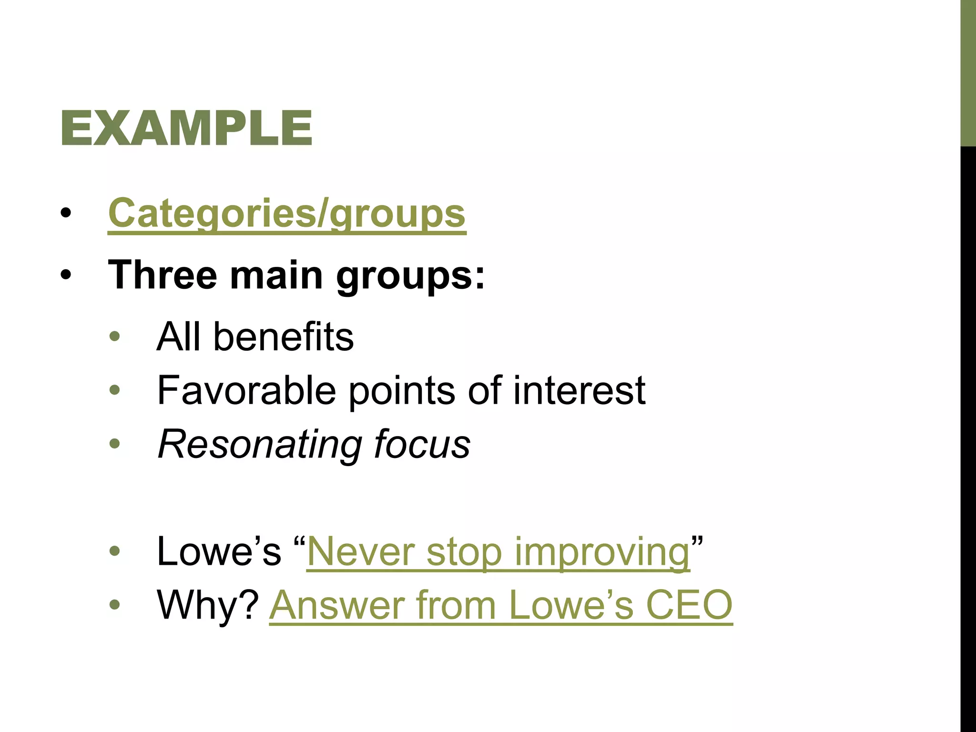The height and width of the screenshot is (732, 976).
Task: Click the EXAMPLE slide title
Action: click(x=186, y=128)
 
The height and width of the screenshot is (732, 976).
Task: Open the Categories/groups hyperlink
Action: click(x=286, y=213)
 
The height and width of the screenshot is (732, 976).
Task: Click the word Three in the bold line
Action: click(x=162, y=275)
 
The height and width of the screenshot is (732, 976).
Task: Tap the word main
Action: click(x=276, y=275)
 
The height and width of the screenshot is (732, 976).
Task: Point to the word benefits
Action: click(x=284, y=336)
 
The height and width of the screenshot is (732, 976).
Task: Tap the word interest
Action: click(x=579, y=390)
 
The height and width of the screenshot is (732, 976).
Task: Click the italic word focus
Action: click(x=422, y=444)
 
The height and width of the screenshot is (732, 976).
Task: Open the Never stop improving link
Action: click(x=498, y=552)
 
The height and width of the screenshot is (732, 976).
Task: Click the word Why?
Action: click(x=208, y=605)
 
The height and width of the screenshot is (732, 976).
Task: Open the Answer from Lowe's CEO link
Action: click(x=500, y=605)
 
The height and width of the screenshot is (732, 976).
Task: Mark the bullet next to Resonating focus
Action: click(x=114, y=444)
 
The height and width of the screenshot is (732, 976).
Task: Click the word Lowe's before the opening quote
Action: click(x=219, y=551)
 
